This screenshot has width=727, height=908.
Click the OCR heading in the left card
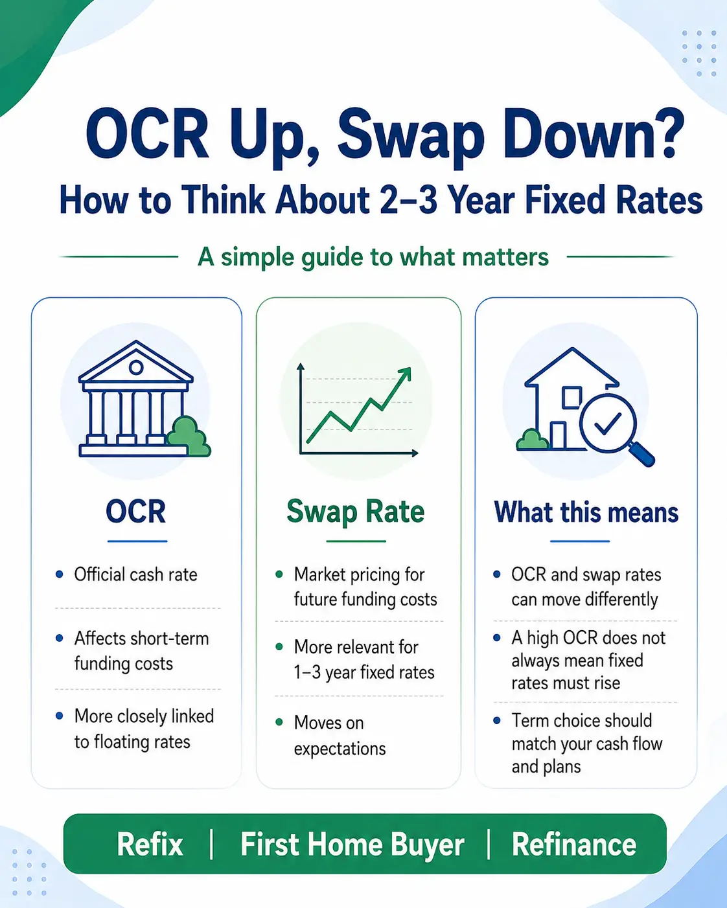(x=136, y=512)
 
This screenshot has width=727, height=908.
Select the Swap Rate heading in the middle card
(x=356, y=512)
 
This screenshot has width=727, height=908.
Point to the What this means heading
(x=586, y=512)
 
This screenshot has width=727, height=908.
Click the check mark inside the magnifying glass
(x=608, y=423)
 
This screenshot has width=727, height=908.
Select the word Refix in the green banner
(x=150, y=845)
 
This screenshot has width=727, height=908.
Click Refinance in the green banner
(x=573, y=845)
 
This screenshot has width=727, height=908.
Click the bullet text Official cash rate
(x=135, y=574)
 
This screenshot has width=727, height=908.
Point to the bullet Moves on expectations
(x=340, y=736)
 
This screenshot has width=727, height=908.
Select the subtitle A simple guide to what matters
(x=373, y=256)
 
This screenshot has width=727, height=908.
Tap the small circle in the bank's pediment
(x=136, y=367)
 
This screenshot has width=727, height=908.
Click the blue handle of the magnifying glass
(x=642, y=454)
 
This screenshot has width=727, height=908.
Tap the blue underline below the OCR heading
(x=137, y=541)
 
